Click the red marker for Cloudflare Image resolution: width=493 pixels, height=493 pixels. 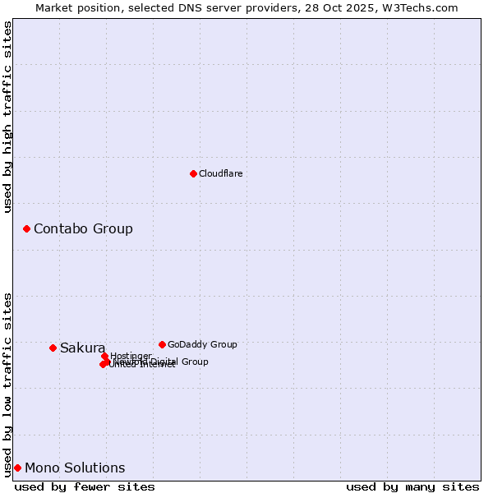193,173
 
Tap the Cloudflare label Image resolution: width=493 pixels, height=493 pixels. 220,173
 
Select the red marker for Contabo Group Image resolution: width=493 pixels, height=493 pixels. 26,228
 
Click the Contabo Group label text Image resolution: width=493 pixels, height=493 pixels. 83,228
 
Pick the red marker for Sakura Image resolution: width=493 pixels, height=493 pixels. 53,348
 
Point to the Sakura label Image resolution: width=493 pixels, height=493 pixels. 82,348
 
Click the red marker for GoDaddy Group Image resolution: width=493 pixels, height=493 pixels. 162,344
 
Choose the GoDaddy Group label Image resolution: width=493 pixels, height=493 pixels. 202,344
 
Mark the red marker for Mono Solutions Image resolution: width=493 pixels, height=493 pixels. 17,468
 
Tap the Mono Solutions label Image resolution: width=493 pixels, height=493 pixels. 75,468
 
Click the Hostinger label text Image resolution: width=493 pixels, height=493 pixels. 131,355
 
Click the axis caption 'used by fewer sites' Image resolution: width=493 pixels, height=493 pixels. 85,486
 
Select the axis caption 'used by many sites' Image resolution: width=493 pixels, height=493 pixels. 412,486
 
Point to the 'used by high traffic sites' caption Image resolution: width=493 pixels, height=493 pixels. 7,117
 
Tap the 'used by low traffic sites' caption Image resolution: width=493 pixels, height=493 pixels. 7,384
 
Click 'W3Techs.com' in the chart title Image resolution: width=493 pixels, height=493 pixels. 424,7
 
